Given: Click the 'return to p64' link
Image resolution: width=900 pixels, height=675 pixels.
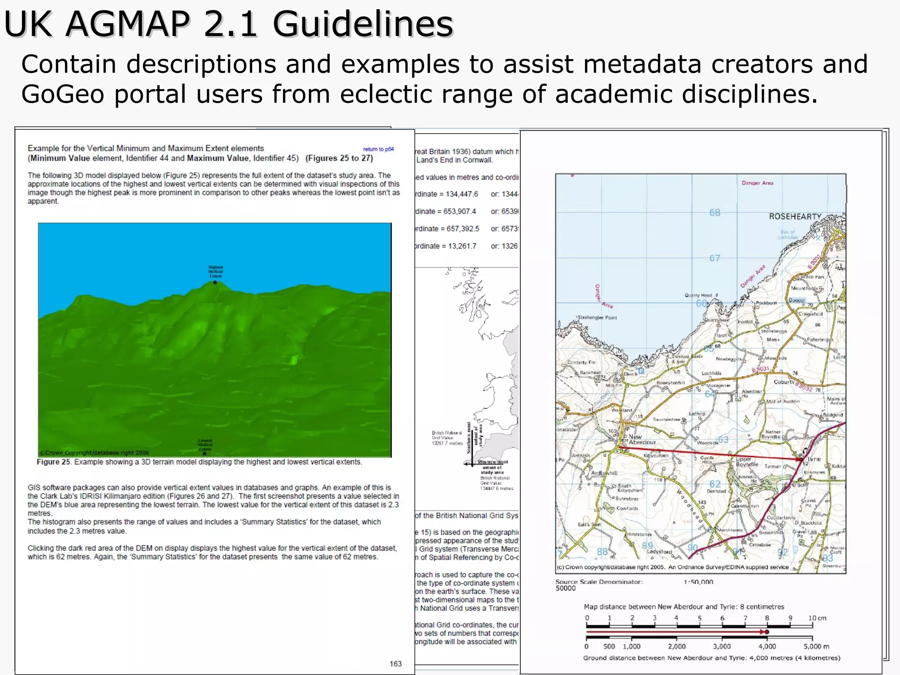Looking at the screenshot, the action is pyautogui.click(x=378, y=149).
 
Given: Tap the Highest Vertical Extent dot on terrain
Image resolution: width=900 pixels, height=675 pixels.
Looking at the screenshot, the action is pyautogui.click(x=215, y=283).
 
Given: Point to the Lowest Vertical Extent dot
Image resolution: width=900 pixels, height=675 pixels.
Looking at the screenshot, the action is pyautogui.click(x=204, y=453).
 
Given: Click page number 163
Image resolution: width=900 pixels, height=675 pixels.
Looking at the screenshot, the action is pyautogui.click(x=396, y=664).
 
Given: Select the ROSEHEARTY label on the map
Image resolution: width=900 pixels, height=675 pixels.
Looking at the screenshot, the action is pyautogui.click(x=795, y=217).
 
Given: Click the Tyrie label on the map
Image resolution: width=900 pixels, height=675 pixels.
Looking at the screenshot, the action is pyautogui.click(x=813, y=459).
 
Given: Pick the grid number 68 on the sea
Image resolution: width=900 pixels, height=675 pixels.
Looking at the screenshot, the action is pyautogui.click(x=715, y=213).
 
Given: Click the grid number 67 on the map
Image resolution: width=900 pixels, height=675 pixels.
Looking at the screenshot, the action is pyautogui.click(x=715, y=258).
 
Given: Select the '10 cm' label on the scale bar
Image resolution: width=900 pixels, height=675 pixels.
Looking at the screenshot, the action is pyautogui.click(x=817, y=618).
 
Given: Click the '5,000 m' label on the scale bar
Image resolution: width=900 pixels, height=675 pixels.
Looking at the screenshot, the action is pyautogui.click(x=816, y=646).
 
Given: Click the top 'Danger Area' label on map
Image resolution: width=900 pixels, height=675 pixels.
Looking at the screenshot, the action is pyautogui.click(x=757, y=183).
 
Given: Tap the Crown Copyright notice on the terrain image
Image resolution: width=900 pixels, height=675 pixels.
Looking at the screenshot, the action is pyautogui.click(x=94, y=453).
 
